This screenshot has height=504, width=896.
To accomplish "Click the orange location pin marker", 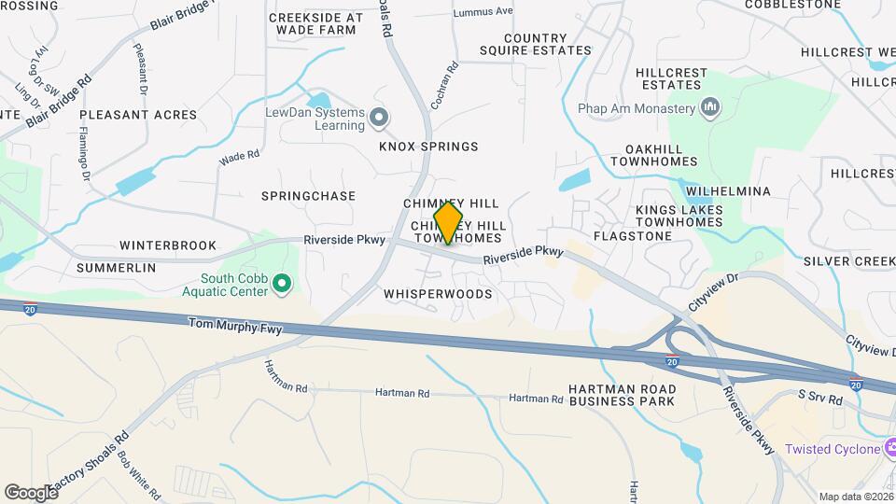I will tap(448, 223).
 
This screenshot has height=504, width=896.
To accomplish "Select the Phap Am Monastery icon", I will tap(710, 108).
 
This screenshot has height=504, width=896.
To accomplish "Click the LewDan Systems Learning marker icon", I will tap(378, 118).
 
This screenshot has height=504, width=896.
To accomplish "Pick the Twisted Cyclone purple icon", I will tap(892, 449).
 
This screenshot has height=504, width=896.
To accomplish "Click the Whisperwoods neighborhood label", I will tap(438, 293).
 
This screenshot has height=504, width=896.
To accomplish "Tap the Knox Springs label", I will tap(428, 147).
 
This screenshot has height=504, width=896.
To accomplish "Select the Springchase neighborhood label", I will tap(308, 196).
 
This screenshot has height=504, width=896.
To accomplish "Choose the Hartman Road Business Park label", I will tap(622, 395).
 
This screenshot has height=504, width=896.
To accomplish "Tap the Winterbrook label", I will tap(161, 245).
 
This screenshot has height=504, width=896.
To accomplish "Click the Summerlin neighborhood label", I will tap(116, 268).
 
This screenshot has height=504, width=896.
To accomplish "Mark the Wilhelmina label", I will tap(728, 191).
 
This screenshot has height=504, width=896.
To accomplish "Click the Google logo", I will tap(30, 493).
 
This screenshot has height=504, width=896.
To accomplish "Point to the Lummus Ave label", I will tap(483, 12).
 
